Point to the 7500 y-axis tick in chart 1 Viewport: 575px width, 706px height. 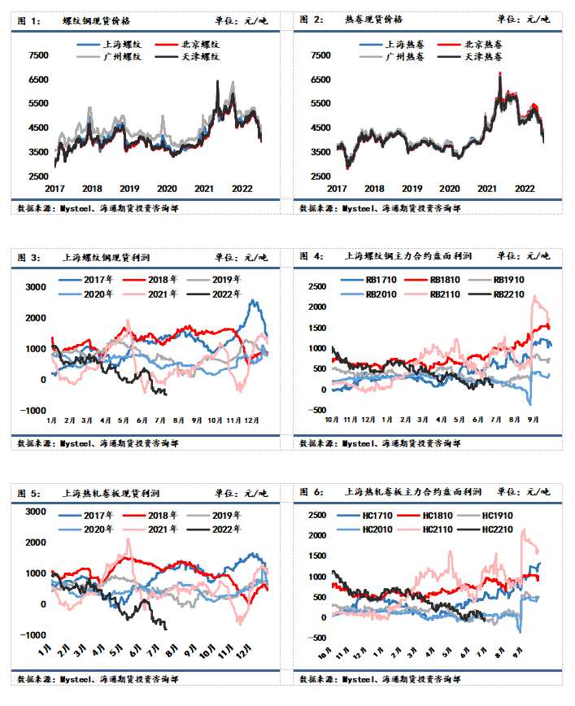tap(38, 56)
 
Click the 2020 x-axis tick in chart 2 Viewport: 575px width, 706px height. tap(448, 189)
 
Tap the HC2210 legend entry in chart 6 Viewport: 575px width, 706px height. tap(495, 529)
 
